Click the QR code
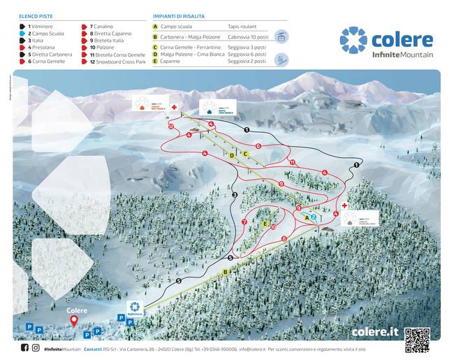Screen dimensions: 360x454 [x=417, y=339]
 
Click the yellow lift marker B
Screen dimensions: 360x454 [x=226, y=272]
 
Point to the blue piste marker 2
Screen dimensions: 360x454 [x=314, y=217]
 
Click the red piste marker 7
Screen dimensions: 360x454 [x=244, y=222]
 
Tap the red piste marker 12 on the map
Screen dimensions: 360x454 [x=171, y=127]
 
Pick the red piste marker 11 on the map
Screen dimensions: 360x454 [x=292, y=163]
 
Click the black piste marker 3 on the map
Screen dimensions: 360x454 [x=235, y=194]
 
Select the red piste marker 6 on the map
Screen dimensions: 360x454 [x=258, y=146]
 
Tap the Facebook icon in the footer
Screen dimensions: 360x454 [x=25, y=347]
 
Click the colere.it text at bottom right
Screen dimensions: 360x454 [x=376, y=332]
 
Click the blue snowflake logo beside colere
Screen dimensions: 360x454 [x=353, y=40]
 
